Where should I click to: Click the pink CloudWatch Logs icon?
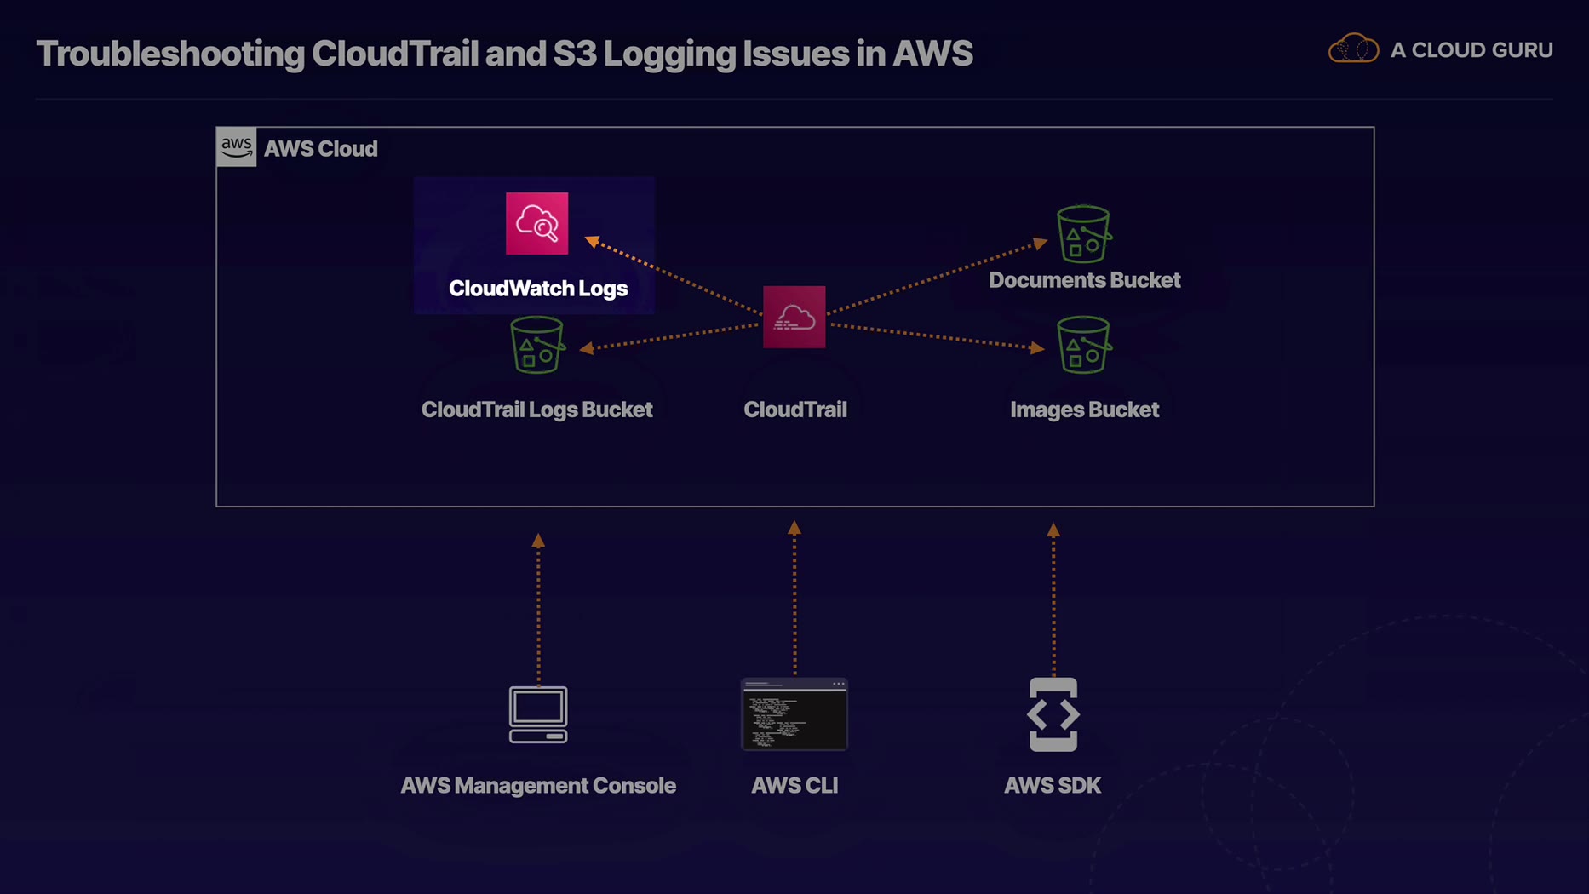click(x=536, y=223)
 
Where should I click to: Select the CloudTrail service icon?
click(x=794, y=317)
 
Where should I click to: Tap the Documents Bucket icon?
click(x=1083, y=233)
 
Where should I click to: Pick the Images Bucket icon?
click(x=1083, y=345)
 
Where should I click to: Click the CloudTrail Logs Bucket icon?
click(x=536, y=345)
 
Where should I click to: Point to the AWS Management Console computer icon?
click(x=538, y=714)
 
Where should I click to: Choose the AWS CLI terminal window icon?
click(x=794, y=714)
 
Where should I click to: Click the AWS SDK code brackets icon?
click(x=1053, y=714)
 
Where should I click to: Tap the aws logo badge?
click(x=236, y=146)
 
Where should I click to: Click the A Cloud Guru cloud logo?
click(x=1353, y=49)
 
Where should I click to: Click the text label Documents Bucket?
click(x=1084, y=280)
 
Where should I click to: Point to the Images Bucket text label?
click(x=1084, y=410)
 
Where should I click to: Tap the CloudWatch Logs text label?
click(x=538, y=289)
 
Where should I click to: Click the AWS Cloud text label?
click(x=320, y=149)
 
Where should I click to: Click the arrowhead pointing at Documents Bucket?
click(x=1040, y=244)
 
